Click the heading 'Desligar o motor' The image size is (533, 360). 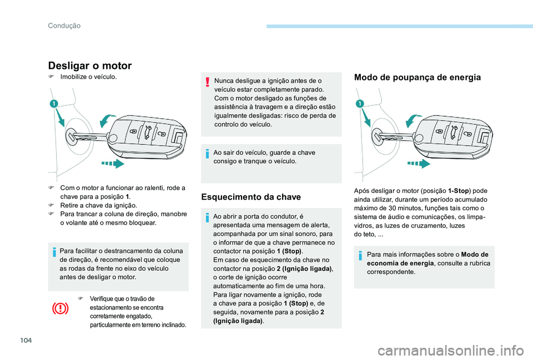click(90, 65)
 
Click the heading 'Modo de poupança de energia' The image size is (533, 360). click(418, 78)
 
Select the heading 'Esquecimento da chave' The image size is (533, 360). click(251, 197)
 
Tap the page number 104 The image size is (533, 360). click(26, 340)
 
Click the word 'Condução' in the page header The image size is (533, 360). click(64, 26)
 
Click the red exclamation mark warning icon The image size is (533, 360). click(207, 82)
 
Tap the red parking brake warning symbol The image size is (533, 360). click(60, 309)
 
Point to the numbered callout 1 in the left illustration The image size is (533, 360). click(54, 104)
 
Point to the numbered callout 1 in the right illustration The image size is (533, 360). click(360, 104)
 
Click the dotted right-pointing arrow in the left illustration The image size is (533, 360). click(113, 164)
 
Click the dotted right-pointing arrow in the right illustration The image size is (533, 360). click(419, 164)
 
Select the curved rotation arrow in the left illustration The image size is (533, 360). click(108, 120)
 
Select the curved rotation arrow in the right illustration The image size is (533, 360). click(414, 120)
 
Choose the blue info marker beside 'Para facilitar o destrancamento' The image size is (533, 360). click(54, 252)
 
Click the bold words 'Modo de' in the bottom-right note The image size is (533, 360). click(475, 255)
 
